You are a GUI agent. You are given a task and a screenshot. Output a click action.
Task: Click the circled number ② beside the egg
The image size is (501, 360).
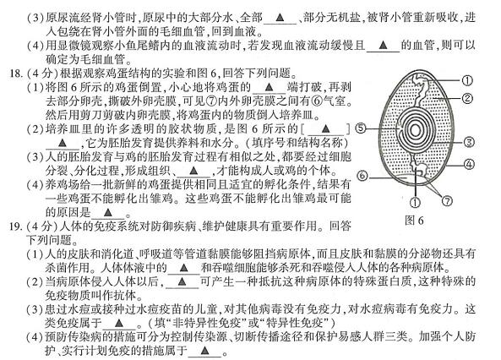467,98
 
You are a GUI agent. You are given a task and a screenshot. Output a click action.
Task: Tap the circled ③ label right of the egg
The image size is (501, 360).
469,142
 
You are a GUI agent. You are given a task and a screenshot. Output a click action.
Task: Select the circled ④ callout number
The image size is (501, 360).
469,164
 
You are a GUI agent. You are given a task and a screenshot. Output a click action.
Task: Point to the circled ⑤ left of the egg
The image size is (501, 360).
361,128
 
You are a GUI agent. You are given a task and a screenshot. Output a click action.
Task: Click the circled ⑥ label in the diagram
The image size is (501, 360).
362,176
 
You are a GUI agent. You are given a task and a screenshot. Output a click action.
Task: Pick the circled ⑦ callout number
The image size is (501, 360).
447,201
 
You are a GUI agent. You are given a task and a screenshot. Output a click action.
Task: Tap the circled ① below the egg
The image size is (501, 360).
415,202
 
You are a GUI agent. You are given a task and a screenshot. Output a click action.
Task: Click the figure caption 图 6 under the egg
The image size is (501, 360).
414,221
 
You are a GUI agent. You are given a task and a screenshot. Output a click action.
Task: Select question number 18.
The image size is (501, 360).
16,74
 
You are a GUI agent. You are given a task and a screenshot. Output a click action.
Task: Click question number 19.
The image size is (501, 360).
16,226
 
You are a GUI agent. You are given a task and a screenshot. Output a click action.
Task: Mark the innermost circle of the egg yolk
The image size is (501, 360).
415,130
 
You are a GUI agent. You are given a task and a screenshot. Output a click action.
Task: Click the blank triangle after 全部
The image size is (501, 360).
280,17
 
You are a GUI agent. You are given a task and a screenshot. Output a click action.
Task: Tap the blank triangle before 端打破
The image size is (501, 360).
269,87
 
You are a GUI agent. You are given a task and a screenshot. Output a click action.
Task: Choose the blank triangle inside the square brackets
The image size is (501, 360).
325,128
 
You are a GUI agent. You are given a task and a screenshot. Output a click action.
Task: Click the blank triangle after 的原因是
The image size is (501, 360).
108,212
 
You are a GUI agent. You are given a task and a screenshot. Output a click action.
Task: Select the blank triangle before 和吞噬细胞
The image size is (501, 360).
183,268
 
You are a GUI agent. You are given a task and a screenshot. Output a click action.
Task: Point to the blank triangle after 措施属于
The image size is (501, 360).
204,351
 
